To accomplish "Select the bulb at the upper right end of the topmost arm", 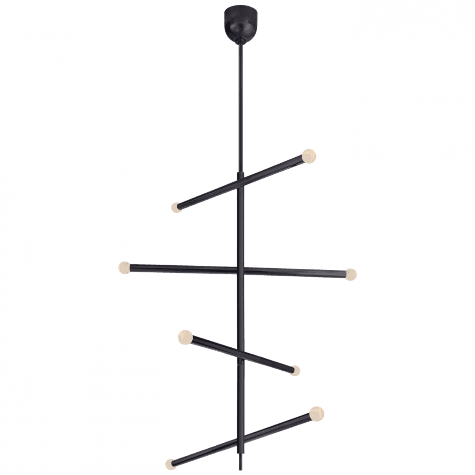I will coord(309,156).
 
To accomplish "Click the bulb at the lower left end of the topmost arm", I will coord(176,207).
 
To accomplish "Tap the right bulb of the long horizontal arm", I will coord(351,275).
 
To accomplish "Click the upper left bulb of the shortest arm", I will coord(184,337).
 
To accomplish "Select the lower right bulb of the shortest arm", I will coord(295,370).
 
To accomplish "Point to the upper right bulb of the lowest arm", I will coord(317,413).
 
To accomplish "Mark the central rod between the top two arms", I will coord(240,226).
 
